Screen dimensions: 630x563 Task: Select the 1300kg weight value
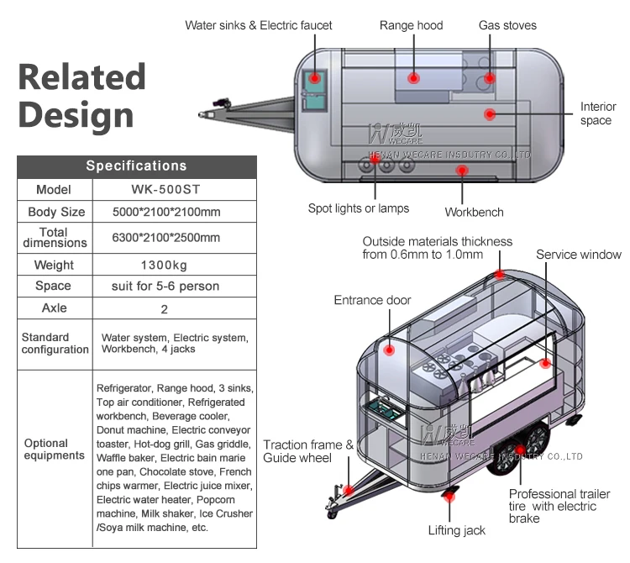click(x=164, y=266)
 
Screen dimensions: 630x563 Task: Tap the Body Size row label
click(x=56, y=212)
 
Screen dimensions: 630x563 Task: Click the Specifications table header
click(x=137, y=166)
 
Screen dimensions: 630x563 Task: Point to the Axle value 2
click(x=164, y=309)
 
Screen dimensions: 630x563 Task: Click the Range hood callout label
click(x=411, y=25)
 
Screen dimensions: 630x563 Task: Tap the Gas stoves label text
click(x=507, y=25)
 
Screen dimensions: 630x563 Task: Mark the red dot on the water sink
click(x=315, y=78)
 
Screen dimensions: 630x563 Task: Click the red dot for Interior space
click(x=490, y=114)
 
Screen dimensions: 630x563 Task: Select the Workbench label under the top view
click(x=474, y=213)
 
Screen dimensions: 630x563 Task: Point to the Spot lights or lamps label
click(x=359, y=208)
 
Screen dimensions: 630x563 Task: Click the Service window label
click(x=579, y=255)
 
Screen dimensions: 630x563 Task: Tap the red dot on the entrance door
click(x=389, y=350)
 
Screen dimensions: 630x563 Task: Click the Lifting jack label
click(x=456, y=530)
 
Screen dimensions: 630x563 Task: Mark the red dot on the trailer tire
click(x=520, y=450)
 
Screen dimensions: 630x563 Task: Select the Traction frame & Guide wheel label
click(x=308, y=451)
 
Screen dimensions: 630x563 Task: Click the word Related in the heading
click(x=82, y=76)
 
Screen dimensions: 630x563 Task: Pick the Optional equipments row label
click(x=55, y=450)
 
